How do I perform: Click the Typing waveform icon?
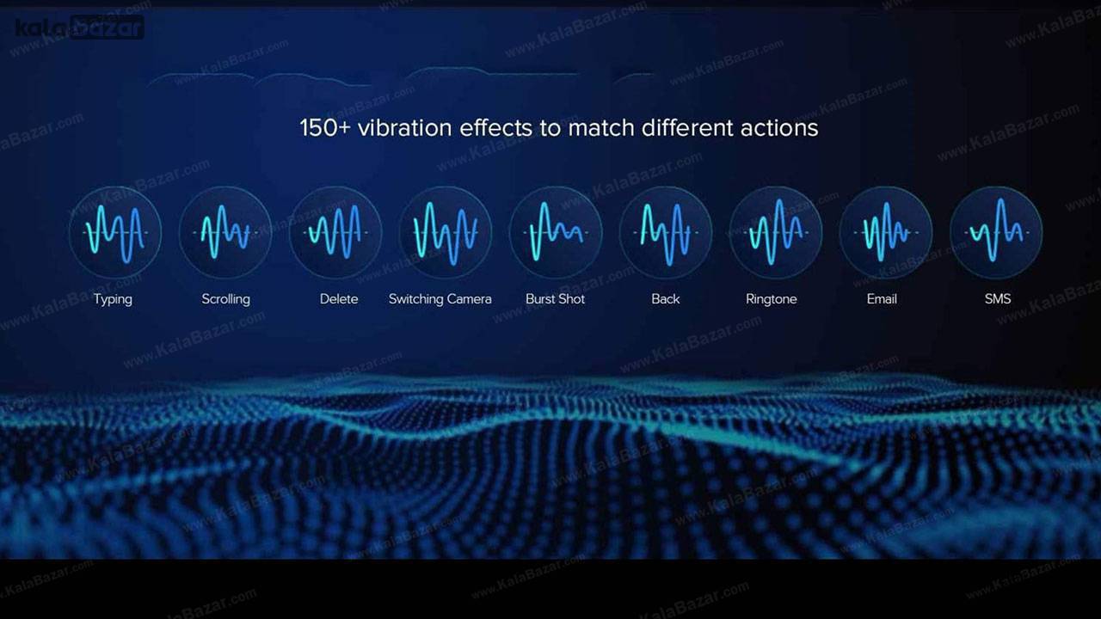pyautogui.click(x=115, y=232)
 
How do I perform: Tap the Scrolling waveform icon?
pyautogui.click(x=225, y=232)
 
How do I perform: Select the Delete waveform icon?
pyautogui.click(x=335, y=232)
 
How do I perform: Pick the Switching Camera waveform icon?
pyautogui.click(x=446, y=232)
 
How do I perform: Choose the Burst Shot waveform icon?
pyautogui.click(x=556, y=232)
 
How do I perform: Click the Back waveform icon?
pyautogui.click(x=666, y=232)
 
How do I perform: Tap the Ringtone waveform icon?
pyautogui.click(x=776, y=232)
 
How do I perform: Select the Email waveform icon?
pyautogui.click(x=886, y=232)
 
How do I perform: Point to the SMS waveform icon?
pyautogui.click(x=996, y=232)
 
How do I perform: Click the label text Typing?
pyautogui.click(x=113, y=300)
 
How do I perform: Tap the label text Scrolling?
pyautogui.click(x=225, y=299)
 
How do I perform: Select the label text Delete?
pyautogui.click(x=339, y=298)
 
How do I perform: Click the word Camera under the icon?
pyautogui.click(x=469, y=299)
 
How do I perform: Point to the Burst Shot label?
pyautogui.click(x=555, y=298)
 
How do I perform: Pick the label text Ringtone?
pyautogui.click(x=772, y=299)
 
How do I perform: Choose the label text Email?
pyautogui.click(x=882, y=298)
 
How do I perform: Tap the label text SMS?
pyautogui.click(x=998, y=298)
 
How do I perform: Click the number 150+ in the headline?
pyautogui.click(x=325, y=128)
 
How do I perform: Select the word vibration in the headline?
pyautogui.click(x=404, y=128)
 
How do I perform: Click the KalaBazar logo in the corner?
pyautogui.click(x=79, y=27)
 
